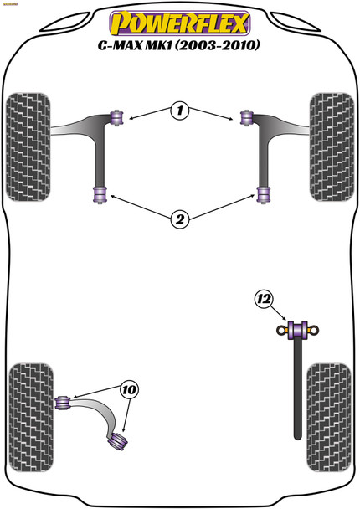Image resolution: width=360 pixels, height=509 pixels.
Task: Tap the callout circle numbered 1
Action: (x=179, y=110)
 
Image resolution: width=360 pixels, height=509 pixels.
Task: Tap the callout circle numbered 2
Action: (x=179, y=219)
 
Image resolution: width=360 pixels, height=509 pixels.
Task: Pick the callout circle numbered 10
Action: (x=130, y=389)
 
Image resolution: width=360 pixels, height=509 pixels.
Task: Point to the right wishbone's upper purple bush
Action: (x=246, y=116)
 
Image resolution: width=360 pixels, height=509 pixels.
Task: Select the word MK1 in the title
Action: (x=170, y=44)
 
